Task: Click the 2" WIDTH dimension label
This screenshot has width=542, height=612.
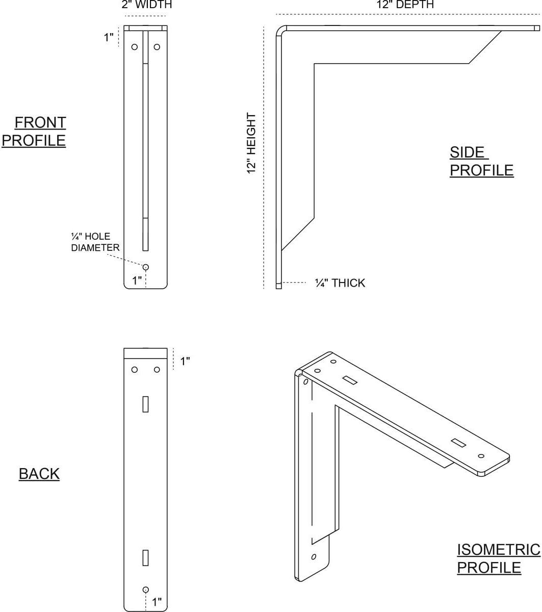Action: pyautogui.click(x=147, y=4)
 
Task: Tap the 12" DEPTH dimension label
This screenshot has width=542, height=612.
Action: pyautogui.click(x=405, y=4)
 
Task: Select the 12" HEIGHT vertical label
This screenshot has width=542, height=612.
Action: pyautogui.click(x=251, y=143)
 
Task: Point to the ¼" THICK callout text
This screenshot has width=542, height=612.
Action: pyautogui.click(x=340, y=283)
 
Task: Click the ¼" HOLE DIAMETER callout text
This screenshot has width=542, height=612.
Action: pyautogui.click(x=95, y=242)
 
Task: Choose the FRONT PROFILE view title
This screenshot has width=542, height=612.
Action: pyautogui.click(x=34, y=132)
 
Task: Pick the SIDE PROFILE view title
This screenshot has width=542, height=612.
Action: pyautogui.click(x=481, y=161)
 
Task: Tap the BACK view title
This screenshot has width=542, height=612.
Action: pyautogui.click(x=39, y=473)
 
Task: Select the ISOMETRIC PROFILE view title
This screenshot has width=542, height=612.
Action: pyautogui.click(x=498, y=558)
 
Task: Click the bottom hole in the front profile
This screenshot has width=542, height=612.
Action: pyautogui.click(x=146, y=267)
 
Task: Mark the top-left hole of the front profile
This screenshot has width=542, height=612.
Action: pyautogui.click(x=135, y=47)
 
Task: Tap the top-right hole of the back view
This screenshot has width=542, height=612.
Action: pyautogui.click(x=157, y=369)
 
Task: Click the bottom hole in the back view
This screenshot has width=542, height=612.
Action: pyautogui.click(x=145, y=590)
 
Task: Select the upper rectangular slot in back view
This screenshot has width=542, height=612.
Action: pyautogui.click(x=145, y=404)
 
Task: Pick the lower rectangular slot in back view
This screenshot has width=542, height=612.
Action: pyautogui.click(x=145, y=557)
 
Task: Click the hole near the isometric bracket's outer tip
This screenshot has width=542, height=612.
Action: pyautogui.click(x=481, y=456)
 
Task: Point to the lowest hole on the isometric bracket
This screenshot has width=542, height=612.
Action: pyautogui.click(x=314, y=556)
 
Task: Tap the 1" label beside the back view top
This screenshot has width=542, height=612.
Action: pyautogui.click(x=185, y=361)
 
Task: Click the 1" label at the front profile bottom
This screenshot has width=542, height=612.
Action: pyautogui.click(x=137, y=280)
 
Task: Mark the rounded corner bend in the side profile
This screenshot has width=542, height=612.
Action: pyautogui.click(x=279, y=29)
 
